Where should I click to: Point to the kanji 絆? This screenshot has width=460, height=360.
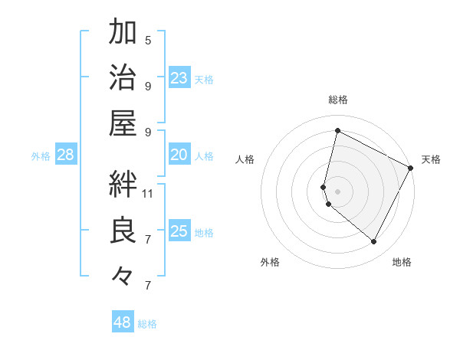pyautogui.click(x=123, y=184)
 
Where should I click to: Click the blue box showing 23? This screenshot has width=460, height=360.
pyautogui.click(x=179, y=77)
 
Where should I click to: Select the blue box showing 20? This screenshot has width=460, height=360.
pyautogui.click(x=179, y=155)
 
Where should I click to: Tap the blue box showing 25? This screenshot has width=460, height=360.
pyautogui.click(x=179, y=231)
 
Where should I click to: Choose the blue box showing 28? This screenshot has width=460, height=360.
pyautogui.click(x=66, y=155)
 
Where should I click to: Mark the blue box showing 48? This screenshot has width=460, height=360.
pyautogui.click(x=123, y=322)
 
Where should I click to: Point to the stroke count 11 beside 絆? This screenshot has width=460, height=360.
pyautogui.click(x=148, y=192)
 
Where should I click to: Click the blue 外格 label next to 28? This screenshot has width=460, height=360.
pyautogui.click(x=41, y=156)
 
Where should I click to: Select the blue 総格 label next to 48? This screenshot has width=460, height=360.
pyautogui.click(x=147, y=324)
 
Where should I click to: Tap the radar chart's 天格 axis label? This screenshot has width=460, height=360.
pyautogui.click(x=431, y=159)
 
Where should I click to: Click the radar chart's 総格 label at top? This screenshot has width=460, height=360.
pyautogui.click(x=338, y=100)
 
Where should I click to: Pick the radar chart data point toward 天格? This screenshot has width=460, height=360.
pyautogui.click(x=412, y=169)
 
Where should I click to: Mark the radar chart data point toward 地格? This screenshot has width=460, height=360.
pyautogui.click(x=374, y=242)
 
